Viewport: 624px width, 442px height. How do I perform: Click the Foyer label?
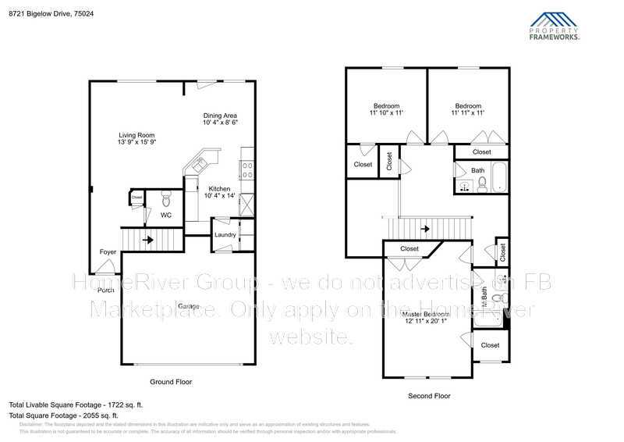(x=108, y=251)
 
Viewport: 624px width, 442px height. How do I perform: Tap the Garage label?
(x=187, y=305)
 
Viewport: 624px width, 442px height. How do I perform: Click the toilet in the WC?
(x=165, y=198)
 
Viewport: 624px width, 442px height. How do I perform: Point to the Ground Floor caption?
(x=171, y=382)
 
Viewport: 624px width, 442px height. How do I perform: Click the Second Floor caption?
(x=429, y=396)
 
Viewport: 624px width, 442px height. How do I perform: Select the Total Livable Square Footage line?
(x=76, y=405)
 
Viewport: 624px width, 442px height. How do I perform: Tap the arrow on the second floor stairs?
(x=425, y=229)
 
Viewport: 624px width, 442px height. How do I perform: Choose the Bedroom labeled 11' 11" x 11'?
(x=468, y=109)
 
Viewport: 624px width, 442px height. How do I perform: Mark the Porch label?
(x=106, y=291)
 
